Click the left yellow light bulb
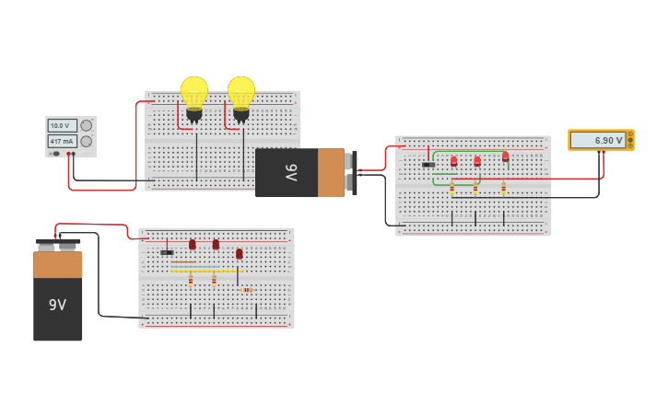tap(193, 94)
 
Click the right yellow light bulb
tap(241, 94)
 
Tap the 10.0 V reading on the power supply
tap(60, 125)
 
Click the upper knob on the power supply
tap(86, 125)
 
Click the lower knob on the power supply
tap(86, 142)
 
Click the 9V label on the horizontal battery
tap(291, 172)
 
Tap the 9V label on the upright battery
tap(57, 305)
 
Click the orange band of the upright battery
tap(57, 265)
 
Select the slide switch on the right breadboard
tap(428, 165)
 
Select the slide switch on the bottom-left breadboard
tap(167, 252)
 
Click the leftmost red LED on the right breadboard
tap(453, 161)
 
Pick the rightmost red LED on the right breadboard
tap(505, 156)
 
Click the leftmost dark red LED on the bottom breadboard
tap(192, 245)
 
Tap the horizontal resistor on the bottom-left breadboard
tap(247, 290)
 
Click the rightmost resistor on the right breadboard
tap(503, 188)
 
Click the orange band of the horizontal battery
tap(331, 172)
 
